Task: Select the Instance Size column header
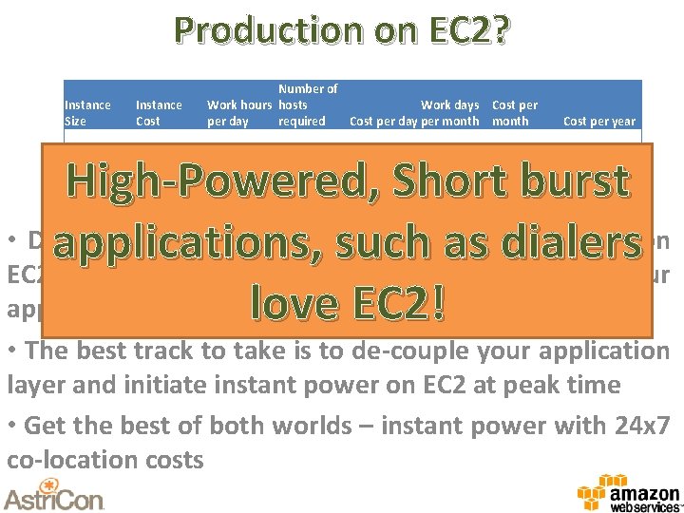(86, 113)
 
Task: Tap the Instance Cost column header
(159, 113)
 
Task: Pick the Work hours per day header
(239, 113)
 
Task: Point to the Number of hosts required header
(307, 104)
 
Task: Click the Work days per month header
(450, 113)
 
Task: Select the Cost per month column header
(514, 113)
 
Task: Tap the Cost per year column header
(599, 121)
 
